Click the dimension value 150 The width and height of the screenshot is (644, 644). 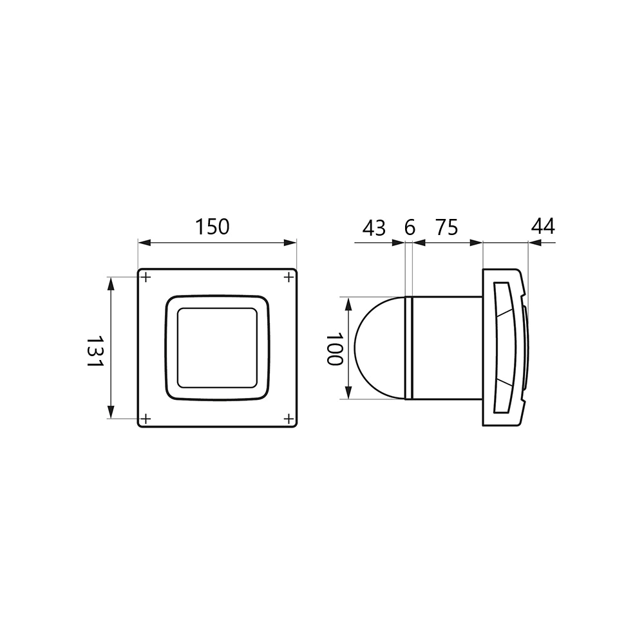coord(212,227)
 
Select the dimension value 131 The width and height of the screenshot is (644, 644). coord(95,352)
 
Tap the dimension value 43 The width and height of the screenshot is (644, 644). coord(374,228)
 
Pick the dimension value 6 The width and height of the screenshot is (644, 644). coord(410,227)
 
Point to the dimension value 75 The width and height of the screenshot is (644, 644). coord(446,227)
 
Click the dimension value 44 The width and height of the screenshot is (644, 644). coord(543,226)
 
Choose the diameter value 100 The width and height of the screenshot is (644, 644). coord(334,348)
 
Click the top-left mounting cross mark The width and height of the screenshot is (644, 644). coord(146,278)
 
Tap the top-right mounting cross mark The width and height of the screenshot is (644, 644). coord(289,278)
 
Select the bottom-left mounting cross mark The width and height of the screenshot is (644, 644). coord(146,419)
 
